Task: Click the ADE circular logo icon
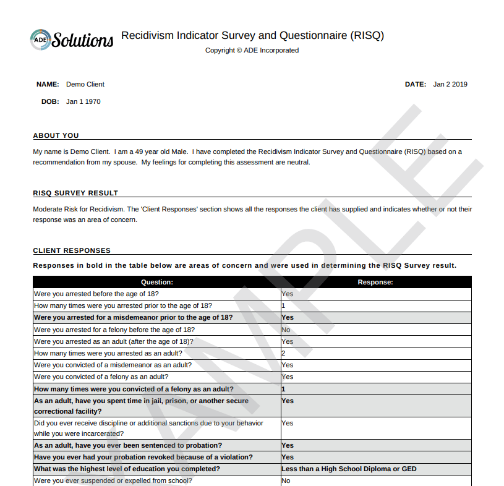tap(41, 39)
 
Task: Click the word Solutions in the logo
tap(83, 40)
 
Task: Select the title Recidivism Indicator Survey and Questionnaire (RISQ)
tap(252, 35)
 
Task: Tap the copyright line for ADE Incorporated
tap(252, 50)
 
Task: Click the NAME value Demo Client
tap(85, 84)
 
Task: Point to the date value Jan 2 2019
tap(450, 84)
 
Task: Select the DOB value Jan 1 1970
tap(83, 101)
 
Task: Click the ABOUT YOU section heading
tap(56, 135)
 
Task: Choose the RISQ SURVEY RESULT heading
tap(75, 193)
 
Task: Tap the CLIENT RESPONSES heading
tap(72, 250)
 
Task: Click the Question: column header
tap(157, 282)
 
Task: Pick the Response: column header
tap(375, 282)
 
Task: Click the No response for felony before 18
tap(286, 330)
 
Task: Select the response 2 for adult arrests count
tap(283, 353)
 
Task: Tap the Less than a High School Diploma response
tap(349, 469)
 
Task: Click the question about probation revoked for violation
tap(143, 457)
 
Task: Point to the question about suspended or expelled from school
tap(113, 480)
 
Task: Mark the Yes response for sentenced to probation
tap(288, 445)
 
